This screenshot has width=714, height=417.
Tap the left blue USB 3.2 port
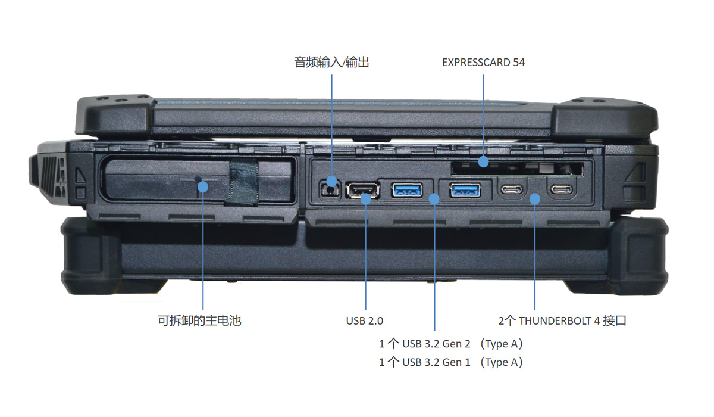(407, 191)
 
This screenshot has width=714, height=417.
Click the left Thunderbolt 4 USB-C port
(512, 191)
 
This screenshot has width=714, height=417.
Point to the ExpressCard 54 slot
(515, 167)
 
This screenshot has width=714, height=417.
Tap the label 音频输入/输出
(331, 62)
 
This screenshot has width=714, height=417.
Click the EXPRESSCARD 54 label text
(483, 62)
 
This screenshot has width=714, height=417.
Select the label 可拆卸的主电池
(199, 321)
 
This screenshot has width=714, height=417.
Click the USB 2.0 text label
(365, 321)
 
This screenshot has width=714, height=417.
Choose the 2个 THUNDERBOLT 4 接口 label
(562, 321)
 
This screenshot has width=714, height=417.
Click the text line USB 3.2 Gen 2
(451, 344)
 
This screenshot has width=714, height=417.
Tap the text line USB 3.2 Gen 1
(451, 362)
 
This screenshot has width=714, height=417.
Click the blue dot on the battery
(202, 187)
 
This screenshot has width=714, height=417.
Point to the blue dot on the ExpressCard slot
(484, 161)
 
